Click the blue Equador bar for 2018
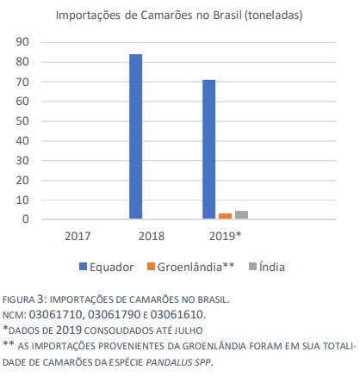[135, 137]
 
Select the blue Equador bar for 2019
[209, 150]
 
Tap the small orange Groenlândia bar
[225, 216]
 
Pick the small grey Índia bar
[241, 215]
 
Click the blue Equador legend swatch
[83, 267]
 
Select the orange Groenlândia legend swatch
[151, 267]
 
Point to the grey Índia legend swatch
[252, 267]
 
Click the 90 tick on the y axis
[22, 42]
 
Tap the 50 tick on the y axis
[22, 121]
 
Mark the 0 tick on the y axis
[26, 219]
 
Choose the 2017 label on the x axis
[78, 237]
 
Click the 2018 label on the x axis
[152, 237]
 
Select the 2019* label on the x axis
[225, 236]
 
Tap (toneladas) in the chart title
[273, 15]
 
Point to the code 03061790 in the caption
[114, 315]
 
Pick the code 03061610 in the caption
[177, 315]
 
